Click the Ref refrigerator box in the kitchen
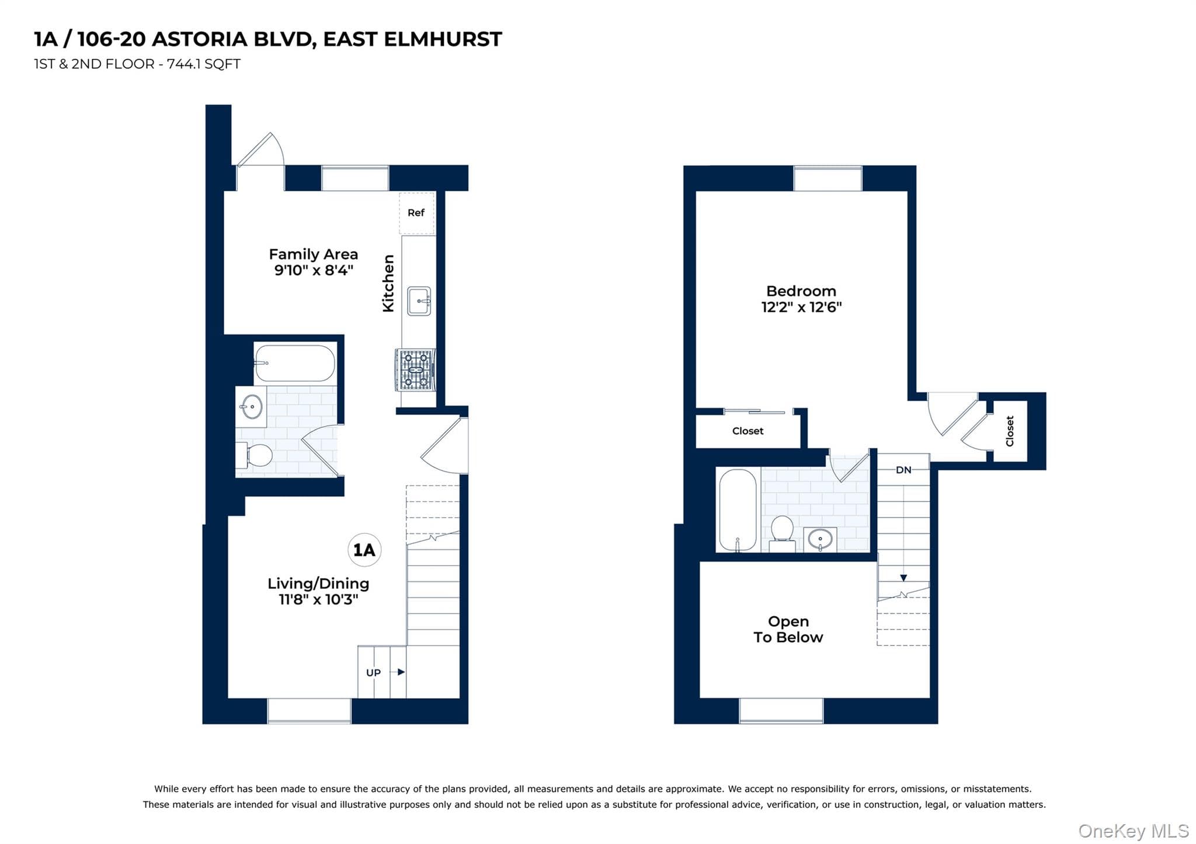[x=417, y=213]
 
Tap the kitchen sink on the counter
[x=419, y=301]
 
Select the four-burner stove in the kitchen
[x=415, y=369]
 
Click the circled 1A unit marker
[x=364, y=550]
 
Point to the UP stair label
[x=373, y=672]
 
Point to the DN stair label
[x=903, y=470]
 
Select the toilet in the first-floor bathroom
[x=254, y=455]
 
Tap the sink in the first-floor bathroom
[x=252, y=406]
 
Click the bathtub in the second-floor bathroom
[x=738, y=510]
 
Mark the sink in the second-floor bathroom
[x=820, y=539]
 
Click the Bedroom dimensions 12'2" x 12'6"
[x=801, y=307]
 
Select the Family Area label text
[x=313, y=254]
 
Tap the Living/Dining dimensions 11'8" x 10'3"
[x=318, y=599]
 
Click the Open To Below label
[x=788, y=629]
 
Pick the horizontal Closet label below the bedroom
[x=747, y=431]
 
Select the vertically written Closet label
[x=1010, y=431]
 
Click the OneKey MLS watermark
[x=1134, y=831]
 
